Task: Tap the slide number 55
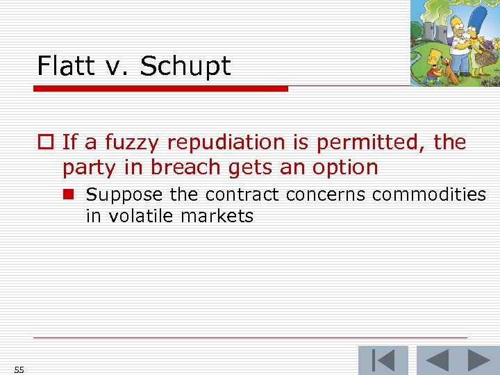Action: tap(19, 369)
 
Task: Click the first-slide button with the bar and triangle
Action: tap(383, 361)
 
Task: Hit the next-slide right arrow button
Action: tap(478, 361)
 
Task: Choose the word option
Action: tap(344, 167)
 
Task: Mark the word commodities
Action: tap(429, 194)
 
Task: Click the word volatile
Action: tap(146, 216)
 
